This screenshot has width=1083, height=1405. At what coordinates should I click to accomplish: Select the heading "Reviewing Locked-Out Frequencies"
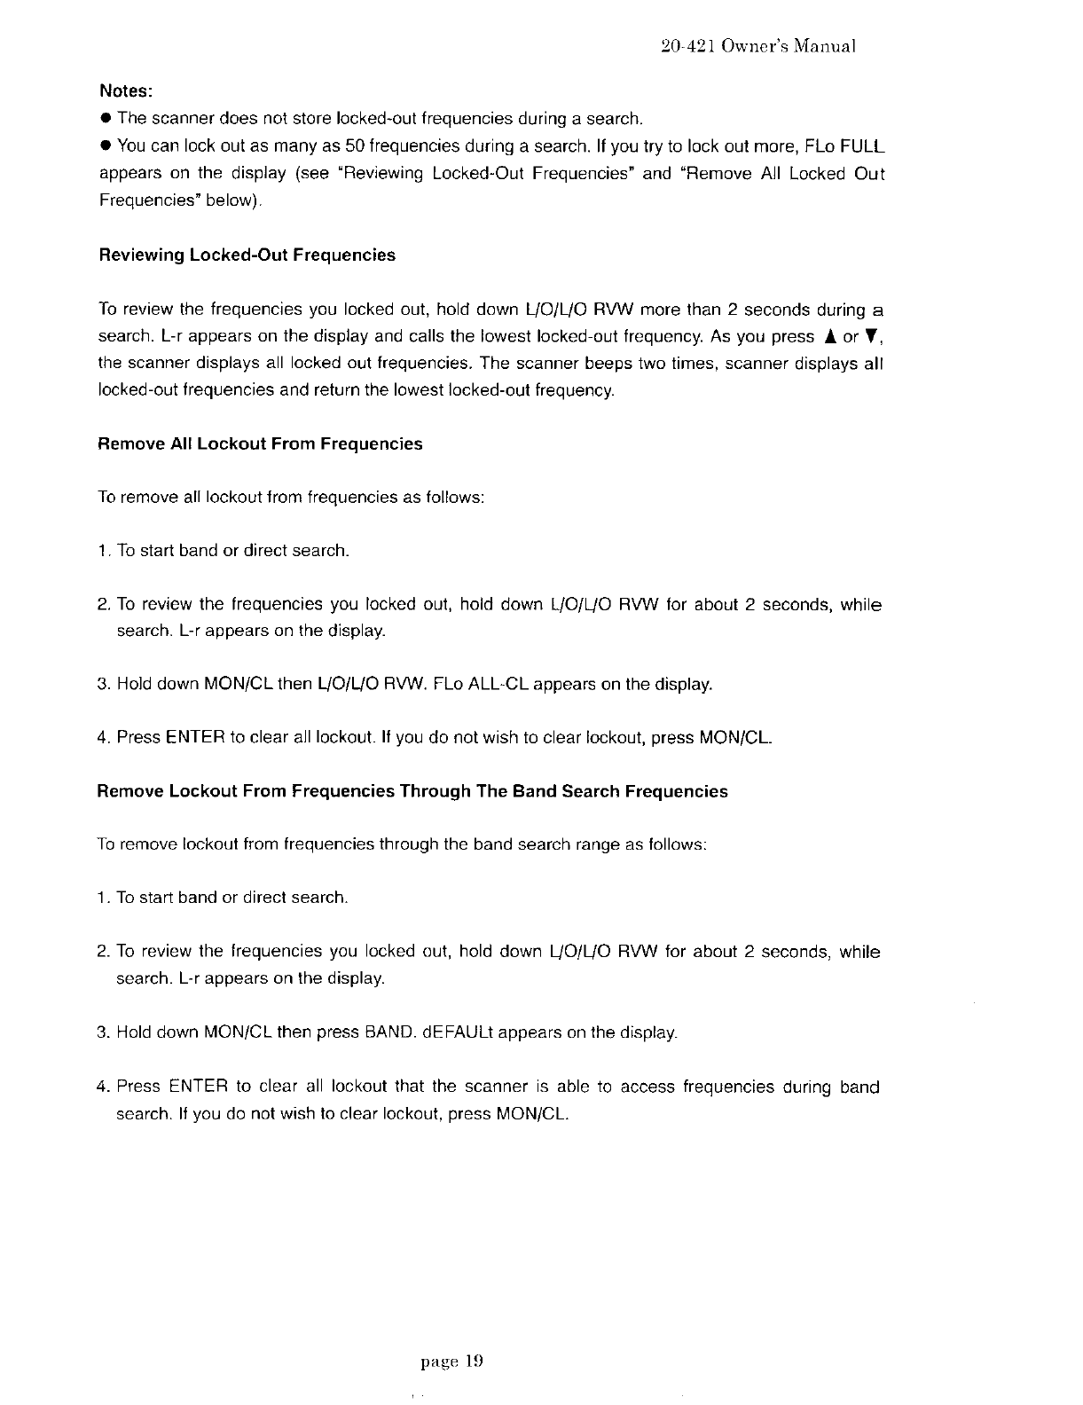pyautogui.click(x=247, y=255)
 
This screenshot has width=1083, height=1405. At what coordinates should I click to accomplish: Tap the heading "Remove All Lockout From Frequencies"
pyautogui.click(x=259, y=443)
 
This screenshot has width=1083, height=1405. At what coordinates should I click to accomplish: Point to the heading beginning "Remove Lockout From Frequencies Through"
pyautogui.click(x=412, y=791)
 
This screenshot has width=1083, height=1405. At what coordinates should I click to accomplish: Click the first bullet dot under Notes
pyautogui.click(x=106, y=119)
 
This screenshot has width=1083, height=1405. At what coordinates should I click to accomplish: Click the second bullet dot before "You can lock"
pyautogui.click(x=106, y=145)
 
